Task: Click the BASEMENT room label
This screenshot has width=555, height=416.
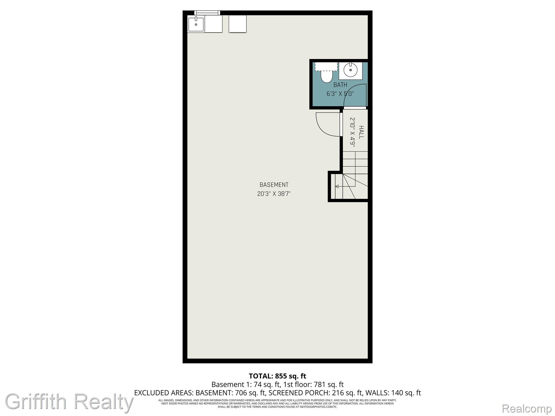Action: pyautogui.click(x=274, y=185)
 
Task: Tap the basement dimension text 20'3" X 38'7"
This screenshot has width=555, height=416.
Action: pyautogui.click(x=274, y=194)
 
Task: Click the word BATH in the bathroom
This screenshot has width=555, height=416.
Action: pyautogui.click(x=340, y=85)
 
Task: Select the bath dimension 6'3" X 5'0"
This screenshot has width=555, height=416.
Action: pyautogui.click(x=340, y=94)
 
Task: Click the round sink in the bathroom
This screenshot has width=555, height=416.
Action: pyautogui.click(x=350, y=70)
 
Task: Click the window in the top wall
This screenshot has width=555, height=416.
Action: pyautogui.click(x=207, y=12)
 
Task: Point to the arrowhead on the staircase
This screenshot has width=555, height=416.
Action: pyautogui.click(x=337, y=186)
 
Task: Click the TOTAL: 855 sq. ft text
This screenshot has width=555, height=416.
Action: pyautogui.click(x=277, y=376)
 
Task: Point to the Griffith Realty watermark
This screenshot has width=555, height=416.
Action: pyautogui.click(x=69, y=401)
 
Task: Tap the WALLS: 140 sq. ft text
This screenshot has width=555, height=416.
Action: pyautogui.click(x=393, y=393)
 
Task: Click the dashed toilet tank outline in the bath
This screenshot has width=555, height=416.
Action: pyautogui.click(x=326, y=66)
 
